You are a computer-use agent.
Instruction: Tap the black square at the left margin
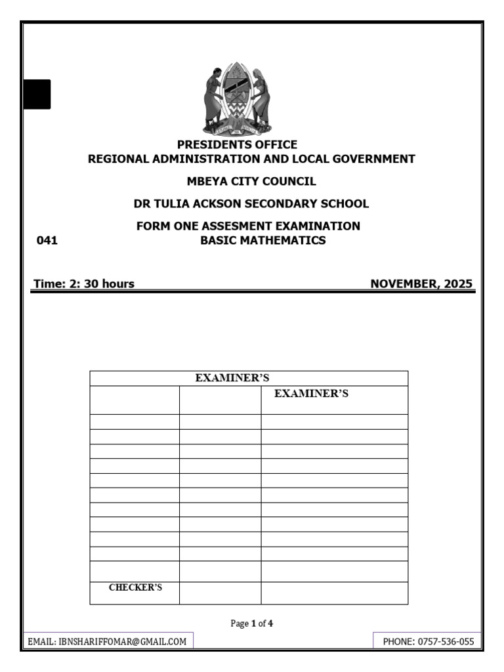point(37,94)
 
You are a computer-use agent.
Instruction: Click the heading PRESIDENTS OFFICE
point(238,144)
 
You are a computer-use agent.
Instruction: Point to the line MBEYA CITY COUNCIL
point(251,181)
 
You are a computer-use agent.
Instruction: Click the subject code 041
point(47,241)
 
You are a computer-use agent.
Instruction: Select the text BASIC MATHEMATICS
point(262,241)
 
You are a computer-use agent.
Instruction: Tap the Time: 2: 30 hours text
point(84,284)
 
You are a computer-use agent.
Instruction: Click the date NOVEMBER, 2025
point(421,284)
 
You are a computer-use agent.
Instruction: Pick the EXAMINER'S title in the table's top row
point(232,378)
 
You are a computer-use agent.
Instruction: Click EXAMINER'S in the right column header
point(311,394)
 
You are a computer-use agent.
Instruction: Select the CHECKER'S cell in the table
point(135,588)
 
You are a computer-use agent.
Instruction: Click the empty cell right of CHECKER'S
point(220,593)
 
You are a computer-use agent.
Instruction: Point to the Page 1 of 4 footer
point(251,624)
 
